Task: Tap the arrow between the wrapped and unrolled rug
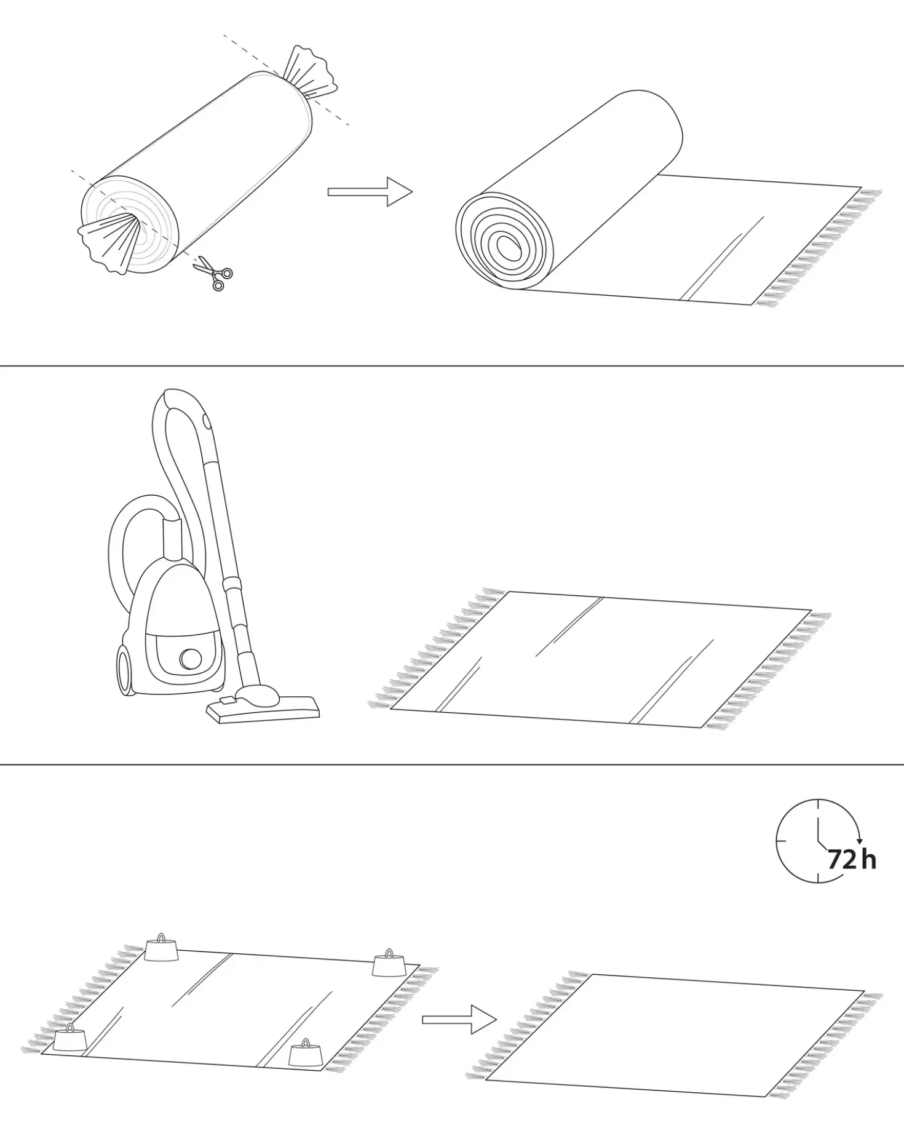(370, 192)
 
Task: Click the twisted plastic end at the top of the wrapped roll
(312, 73)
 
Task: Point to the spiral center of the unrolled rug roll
(508, 247)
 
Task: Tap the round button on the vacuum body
(191, 659)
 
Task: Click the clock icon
(818, 841)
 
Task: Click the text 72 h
(852, 859)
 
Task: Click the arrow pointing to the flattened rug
(459, 1019)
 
